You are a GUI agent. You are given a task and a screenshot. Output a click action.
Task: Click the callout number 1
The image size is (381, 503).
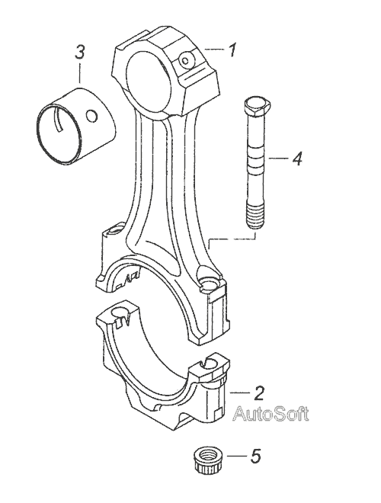tap(232, 50)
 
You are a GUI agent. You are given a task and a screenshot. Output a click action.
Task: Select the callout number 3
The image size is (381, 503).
tap(79, 52)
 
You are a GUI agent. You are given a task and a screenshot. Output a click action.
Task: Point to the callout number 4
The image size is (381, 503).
tap(297, 159)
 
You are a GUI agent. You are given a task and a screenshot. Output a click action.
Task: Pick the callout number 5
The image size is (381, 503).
tap(255, 456)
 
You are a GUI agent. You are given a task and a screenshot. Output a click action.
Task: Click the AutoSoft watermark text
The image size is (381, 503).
tap(271, 414)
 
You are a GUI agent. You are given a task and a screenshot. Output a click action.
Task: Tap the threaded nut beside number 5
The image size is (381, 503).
tap(209, 460)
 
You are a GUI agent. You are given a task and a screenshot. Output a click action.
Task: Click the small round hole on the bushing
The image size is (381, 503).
tap(92, 116)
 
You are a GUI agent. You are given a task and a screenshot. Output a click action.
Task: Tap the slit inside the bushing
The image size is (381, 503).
tap(59, 120)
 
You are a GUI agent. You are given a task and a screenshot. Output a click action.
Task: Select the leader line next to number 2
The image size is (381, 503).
tap(239, 392)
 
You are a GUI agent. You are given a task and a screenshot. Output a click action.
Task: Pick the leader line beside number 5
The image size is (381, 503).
tap(237, 456)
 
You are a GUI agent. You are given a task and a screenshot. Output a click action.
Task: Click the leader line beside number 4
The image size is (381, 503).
tap(277, 159)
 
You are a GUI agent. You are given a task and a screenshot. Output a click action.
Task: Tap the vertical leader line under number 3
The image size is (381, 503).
tap(80, 73)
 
